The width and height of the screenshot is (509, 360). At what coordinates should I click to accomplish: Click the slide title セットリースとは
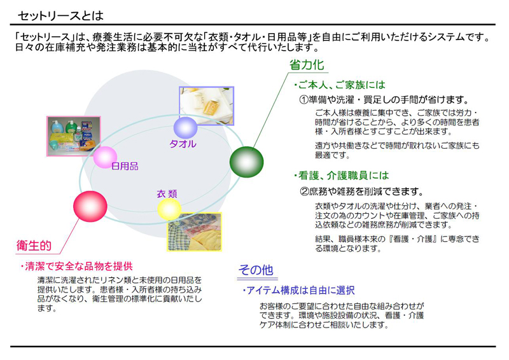click(x=60, y=15)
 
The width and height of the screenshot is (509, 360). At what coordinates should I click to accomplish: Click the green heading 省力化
click(x=307, y=65)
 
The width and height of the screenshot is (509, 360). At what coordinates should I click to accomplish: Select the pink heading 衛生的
click(x=34, y=246)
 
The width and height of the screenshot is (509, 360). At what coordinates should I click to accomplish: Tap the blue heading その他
click(x=256, y=270)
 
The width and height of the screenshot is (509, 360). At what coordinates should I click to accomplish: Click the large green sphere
click(x=247, y=162)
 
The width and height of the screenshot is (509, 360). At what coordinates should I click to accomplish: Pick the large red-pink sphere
click(x=90, y=207)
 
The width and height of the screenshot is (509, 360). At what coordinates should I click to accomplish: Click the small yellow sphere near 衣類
click(x=169, y=209)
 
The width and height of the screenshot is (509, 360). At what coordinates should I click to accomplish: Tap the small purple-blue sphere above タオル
click(x=185, y=128)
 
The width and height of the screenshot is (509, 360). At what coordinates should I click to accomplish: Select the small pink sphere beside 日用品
click(x=105, y=158)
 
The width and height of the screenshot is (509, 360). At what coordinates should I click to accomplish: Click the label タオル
click(x=183, y=144)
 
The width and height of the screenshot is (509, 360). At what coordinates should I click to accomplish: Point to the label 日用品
click(x=125, y=166)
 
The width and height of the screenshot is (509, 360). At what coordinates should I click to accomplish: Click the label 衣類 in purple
click(x=167, y=194)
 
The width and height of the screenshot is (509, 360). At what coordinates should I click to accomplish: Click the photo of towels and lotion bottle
click(x=206, y=106)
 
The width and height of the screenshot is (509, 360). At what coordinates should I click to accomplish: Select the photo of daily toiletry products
click(x=74, y=136)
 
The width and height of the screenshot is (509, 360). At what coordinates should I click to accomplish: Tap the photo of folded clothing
click(x=195, y=232)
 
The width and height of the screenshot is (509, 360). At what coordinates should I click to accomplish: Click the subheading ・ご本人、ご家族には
click(x=339, y=85)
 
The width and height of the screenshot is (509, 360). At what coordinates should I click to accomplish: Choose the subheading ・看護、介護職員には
click(x=341, y=176)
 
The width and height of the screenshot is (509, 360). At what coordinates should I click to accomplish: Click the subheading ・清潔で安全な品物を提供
click(x=76, y=267)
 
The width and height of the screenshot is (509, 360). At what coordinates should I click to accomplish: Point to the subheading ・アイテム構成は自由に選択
click(x=298, y=291)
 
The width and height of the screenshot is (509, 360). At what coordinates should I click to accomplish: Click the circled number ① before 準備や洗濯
click(x=304, y=100)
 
